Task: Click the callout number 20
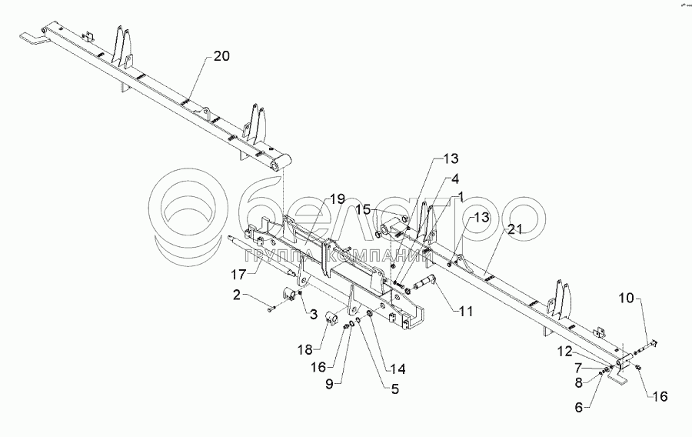coord(221,56)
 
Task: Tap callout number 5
coord(394,389)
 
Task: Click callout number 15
coord(362,209)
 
